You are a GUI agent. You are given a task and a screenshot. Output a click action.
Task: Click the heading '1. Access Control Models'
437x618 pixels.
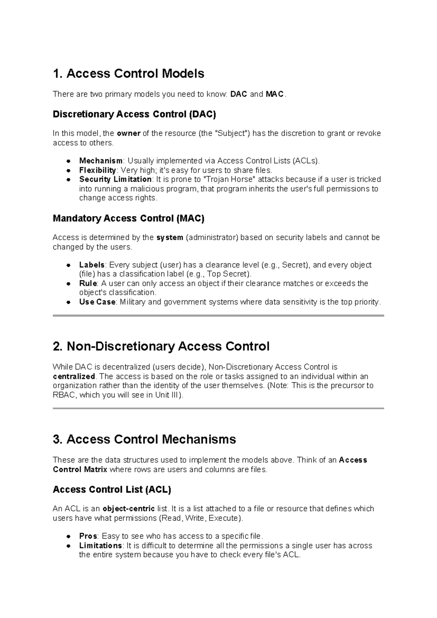[128, 74]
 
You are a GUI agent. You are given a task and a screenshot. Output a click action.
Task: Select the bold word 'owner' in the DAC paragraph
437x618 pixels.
[129, 133]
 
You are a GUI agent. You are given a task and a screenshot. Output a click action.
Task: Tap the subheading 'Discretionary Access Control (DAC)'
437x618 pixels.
[134, 114]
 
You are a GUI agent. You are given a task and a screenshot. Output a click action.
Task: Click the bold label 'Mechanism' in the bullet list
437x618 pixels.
[101, 161]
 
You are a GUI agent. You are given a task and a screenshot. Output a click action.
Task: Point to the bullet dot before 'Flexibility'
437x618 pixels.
[68, 171]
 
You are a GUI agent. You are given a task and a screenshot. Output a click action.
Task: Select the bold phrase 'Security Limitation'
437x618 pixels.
[115, 179]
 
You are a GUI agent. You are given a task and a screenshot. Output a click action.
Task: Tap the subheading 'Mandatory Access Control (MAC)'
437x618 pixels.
[129, 219]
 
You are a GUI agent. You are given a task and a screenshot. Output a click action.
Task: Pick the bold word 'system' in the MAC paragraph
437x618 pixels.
[170, 238]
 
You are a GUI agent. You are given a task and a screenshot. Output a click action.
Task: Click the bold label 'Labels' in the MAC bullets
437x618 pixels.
[92, 265]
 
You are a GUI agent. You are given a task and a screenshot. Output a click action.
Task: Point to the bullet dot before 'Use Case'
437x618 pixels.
[68, 302]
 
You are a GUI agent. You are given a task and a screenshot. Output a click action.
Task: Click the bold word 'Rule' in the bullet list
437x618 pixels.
[88, 283]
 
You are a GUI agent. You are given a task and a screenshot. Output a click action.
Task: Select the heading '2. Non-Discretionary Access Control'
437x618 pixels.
[161, 347]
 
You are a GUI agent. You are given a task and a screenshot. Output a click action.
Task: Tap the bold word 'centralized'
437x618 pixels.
[74, 376]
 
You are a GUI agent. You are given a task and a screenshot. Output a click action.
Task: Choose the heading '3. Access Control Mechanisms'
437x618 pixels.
[144, 439]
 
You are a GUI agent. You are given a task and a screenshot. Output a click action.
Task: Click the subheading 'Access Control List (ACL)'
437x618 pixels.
[112, 490]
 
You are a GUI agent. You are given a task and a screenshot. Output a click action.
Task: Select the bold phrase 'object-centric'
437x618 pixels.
[129, 509]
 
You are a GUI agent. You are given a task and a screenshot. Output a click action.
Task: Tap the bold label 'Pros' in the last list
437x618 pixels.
[88, 536]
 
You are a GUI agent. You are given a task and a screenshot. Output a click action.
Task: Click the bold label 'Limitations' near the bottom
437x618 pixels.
[101, 546]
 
